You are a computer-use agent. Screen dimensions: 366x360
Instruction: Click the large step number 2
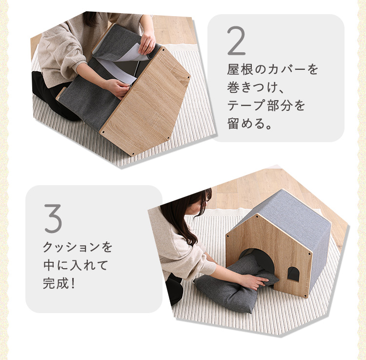236,41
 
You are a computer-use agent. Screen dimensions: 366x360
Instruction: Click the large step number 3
53,218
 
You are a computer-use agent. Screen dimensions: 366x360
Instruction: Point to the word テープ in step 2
246,105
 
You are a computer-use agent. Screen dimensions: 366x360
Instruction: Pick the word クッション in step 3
73,247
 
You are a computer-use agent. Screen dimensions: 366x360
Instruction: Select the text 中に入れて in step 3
76,265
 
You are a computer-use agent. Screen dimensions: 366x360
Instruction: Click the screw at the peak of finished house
257,216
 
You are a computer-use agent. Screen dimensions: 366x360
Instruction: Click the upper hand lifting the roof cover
146,42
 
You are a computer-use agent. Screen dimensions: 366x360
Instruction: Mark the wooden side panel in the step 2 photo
145,102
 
